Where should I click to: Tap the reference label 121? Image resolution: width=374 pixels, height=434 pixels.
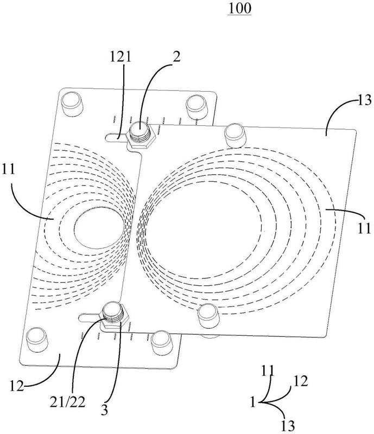[x=121, y=57]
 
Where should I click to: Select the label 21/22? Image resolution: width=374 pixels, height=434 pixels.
[x=68, y=403]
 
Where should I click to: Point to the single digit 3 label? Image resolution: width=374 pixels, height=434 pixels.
[x=104, y=410]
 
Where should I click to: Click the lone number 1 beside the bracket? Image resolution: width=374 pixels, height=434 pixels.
[x=252, y=402]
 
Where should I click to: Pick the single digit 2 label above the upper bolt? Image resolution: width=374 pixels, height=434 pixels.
[x=176, y=57]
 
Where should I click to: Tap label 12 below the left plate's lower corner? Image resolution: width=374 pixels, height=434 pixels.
[x=17, y=386]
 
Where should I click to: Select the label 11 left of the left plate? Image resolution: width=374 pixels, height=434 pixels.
[x=8, y=169]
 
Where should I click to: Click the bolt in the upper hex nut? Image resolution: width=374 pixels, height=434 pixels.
[x=140, y=131]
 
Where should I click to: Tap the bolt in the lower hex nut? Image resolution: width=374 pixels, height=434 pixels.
[x=112, y=312]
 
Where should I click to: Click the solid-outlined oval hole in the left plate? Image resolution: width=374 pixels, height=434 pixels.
[x=99, y=228]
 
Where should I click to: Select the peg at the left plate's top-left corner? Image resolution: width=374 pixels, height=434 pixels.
[x=72, y=104]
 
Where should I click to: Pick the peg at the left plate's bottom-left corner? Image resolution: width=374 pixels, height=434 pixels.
[x=37, y=340]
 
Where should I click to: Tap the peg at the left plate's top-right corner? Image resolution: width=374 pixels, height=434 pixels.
[x=196, y=107]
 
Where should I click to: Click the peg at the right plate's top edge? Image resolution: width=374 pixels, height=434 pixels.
[x=236, y=136]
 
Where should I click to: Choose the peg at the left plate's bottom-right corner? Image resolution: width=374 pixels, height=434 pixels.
[x=162, y=343]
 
